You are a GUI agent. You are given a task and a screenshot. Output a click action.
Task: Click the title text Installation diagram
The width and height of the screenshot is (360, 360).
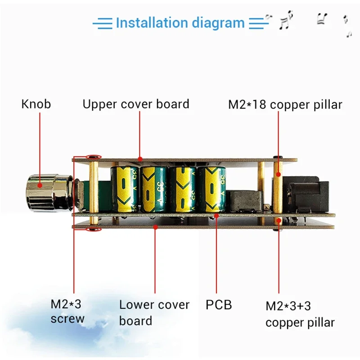pyautogui.click(x=180, y=22)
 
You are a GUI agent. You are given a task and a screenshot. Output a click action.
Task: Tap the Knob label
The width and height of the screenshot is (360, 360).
pyautogui.click(x=36, y=104)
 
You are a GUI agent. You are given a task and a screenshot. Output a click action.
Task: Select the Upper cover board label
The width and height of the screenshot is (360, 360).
pyautogui.click(x=136, y=104)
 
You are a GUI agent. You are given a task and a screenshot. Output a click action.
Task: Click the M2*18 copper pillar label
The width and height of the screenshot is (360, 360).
pyautogui.click(x=285, y=105)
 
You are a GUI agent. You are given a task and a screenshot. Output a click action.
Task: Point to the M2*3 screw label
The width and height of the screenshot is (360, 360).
pyautogui.click(x=67, y=311)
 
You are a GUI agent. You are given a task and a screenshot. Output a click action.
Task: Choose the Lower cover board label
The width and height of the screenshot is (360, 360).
pyautogui.click(x=154, y=313)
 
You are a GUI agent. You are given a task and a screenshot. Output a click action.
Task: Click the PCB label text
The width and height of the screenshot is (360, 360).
pyautogui.click(x=219, y=305)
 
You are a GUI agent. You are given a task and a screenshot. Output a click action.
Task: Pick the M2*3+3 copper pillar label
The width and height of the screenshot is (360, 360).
pyautogui.click(x=300, y=314)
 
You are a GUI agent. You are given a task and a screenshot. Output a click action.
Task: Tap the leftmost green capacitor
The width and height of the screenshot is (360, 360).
pyautogui.click(x=126, y=189)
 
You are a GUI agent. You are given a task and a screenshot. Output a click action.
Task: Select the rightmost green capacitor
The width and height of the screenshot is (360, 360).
pyautogui.click(x=211, y=189)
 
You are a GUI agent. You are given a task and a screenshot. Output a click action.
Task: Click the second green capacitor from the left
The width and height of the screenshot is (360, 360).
pyautogui.click(x=154, y=189)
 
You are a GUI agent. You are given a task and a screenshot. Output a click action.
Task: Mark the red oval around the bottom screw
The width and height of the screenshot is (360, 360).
pyautogui.click(x=94, y=230)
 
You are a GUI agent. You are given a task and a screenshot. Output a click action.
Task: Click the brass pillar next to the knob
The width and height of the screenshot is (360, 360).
pyautogui.click(x=94, y=191)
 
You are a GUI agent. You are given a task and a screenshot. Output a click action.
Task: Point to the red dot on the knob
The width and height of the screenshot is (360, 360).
pyautogui.click(x=40, y=184)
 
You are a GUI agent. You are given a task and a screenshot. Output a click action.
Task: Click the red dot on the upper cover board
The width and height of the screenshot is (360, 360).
pyautogui.click(x=140, y=158)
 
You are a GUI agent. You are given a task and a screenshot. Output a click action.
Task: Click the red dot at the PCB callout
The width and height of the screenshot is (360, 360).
pyautogui.click(x=216, y=216)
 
